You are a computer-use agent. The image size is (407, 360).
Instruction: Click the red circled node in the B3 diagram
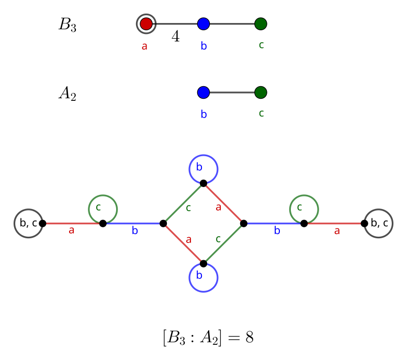pos(146,24)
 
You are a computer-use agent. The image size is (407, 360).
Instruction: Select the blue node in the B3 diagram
pos(203,24)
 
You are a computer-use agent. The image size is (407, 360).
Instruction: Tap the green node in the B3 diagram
pos(261,24)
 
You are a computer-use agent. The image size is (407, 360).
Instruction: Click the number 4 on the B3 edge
pos(176,37)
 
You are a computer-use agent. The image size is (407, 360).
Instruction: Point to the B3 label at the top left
pos(67,25)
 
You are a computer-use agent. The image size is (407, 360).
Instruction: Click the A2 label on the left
pos(67,93)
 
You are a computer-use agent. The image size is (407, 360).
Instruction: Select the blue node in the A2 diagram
pos(203,92)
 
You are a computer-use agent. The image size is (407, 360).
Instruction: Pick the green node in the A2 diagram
pos(261,92)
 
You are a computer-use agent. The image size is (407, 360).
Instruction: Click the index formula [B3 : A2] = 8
pos(208,338)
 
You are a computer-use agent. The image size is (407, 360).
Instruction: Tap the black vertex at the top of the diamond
pos(203,183)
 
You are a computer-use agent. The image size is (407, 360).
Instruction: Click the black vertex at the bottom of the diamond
pos(203,263)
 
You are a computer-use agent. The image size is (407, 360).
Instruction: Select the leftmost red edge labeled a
pos(73,224)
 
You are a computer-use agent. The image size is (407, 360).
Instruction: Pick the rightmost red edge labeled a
pos(334,224)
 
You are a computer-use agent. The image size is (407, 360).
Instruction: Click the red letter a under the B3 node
pos(144,46)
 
